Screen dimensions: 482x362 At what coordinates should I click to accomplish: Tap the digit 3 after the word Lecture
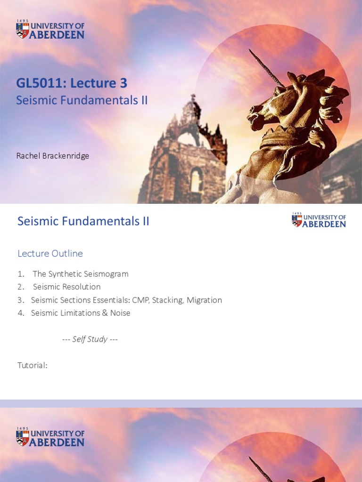(123, 83)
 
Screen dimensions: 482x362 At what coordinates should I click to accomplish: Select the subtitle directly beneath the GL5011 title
(82, 100)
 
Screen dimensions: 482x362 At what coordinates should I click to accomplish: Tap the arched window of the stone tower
(195, 180)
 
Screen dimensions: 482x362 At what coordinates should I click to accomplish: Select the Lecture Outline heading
(50, 254)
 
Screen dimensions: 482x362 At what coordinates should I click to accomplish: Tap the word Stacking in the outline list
(167, 300)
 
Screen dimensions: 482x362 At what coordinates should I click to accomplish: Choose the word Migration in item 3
(204, 300)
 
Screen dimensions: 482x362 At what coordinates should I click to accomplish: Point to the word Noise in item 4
(120, 313)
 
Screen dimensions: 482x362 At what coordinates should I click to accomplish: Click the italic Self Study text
(90, 339)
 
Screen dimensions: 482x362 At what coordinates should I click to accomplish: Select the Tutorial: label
(33, 365)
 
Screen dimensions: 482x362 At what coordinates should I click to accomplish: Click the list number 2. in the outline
(21, 287)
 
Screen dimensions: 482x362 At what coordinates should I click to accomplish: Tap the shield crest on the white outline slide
(297, 221)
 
